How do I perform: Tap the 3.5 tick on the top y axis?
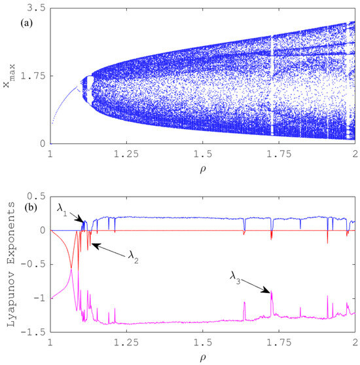coord(36,8)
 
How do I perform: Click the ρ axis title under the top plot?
coord(203,172)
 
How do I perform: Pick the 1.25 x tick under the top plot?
coord(127,155)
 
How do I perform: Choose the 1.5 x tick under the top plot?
coord(203,155)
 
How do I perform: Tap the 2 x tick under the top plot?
coord(354,155)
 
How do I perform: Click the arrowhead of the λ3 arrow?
coord(270,292)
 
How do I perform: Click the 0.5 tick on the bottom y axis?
coord(36,196)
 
